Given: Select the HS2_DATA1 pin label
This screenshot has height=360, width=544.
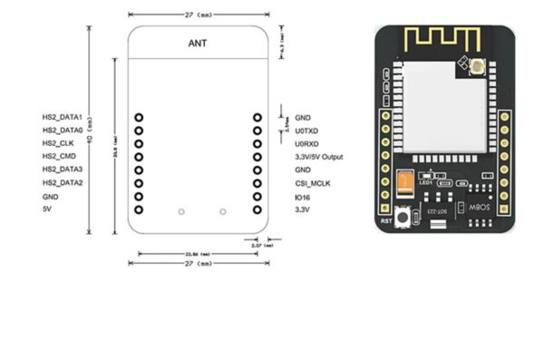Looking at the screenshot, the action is click(x=63, y=118).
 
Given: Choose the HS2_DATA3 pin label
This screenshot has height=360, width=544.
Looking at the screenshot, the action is click(x=63, y=170).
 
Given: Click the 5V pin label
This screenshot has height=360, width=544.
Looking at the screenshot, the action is click(x=47, y=209).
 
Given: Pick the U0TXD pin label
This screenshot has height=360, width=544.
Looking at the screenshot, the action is click(x=306, y=131).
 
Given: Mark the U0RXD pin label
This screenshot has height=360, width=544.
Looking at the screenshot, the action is click(x=306, y=143).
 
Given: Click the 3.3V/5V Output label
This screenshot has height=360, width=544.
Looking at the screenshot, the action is click(x=319, y=157).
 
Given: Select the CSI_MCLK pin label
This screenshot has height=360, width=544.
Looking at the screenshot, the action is click(x=311, y=183).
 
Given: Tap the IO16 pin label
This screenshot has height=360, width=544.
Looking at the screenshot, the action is click(x=303, y=197).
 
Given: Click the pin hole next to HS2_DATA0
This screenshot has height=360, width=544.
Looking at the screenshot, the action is click(x=139, y=131).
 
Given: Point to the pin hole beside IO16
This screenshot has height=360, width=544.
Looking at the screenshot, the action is click(x=257, y=196).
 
